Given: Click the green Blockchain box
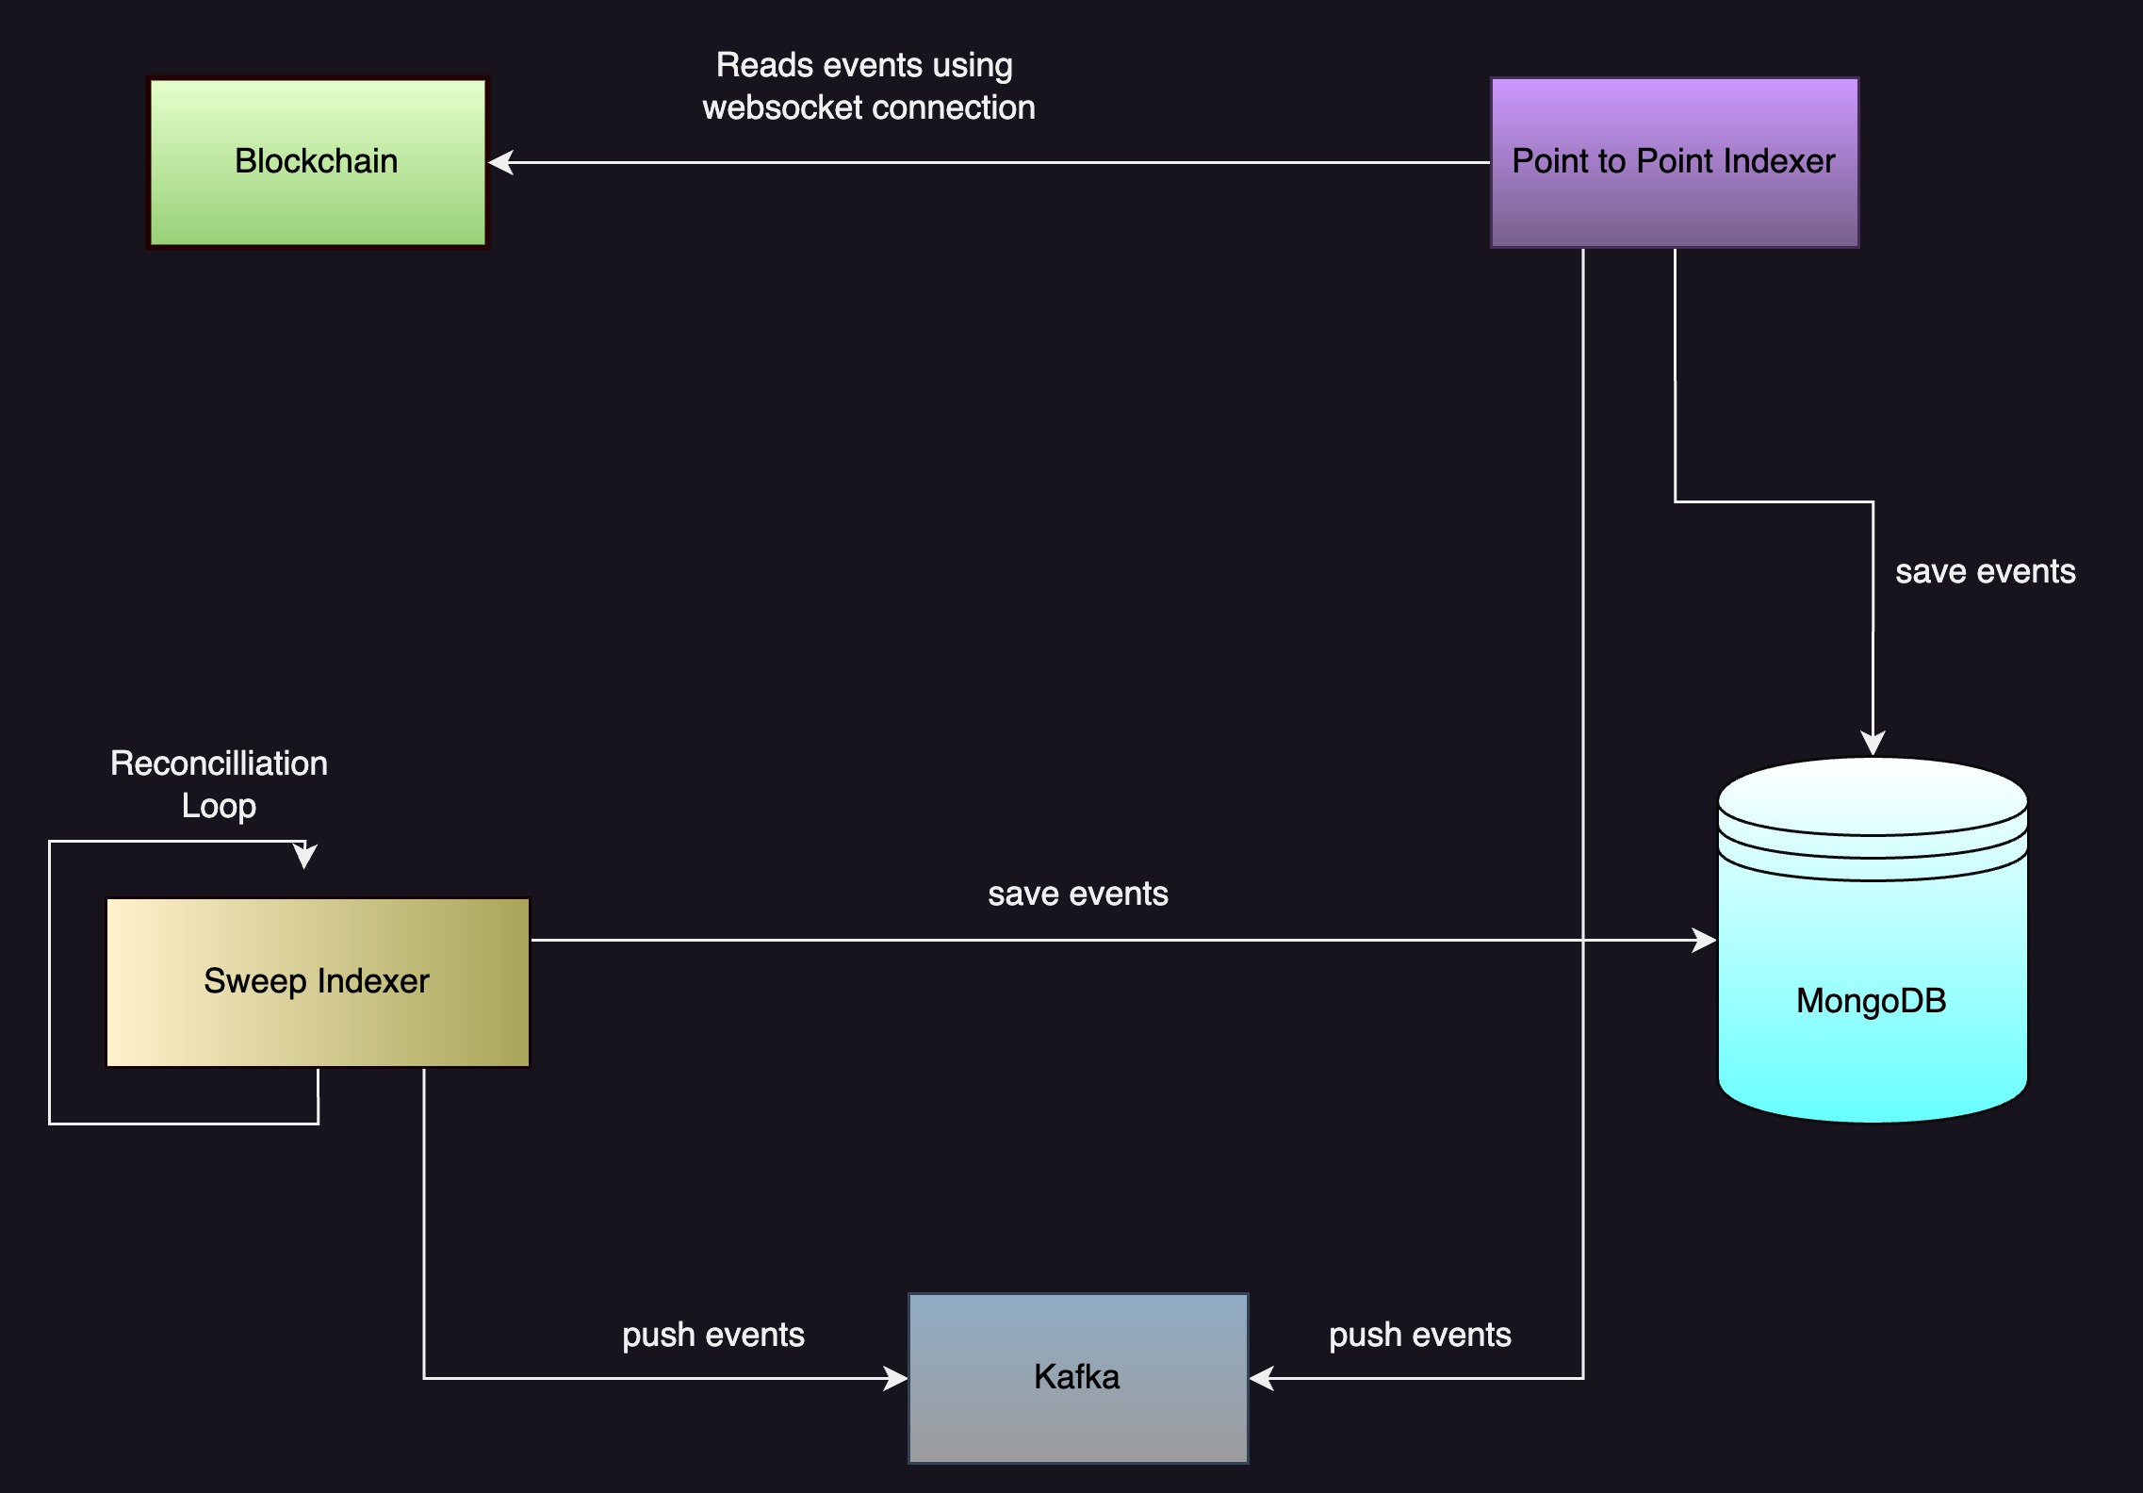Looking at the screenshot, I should [318, 162].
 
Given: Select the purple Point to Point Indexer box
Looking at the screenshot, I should [1674, 162].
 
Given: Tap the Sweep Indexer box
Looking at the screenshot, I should [318, 981].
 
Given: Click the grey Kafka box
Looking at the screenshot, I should [1077, 1377].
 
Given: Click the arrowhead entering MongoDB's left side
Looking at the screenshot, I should [1703, 940].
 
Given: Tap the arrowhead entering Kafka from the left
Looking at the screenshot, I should [895, 1378].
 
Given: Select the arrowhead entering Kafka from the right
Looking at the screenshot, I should [1262, 1378].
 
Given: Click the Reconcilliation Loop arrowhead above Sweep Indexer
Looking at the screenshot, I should [304, 856].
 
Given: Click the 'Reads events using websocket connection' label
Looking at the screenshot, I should [868, 86].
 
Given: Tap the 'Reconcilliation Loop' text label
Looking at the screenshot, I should [219, 784].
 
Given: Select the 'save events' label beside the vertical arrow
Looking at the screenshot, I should [1985, 571].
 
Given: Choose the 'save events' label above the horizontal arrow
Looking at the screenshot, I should [1077, 894].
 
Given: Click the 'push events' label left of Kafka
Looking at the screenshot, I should [713, 1335].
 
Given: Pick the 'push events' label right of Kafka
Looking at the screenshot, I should [1419, 1335].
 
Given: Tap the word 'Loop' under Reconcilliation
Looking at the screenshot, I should [219, 806].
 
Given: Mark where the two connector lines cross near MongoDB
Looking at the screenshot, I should [1583, 940].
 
